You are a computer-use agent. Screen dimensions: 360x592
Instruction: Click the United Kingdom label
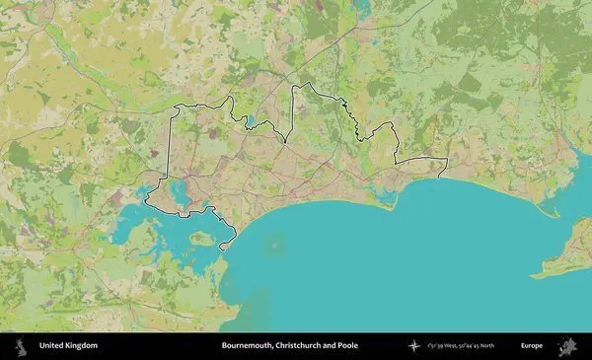pos(68,346)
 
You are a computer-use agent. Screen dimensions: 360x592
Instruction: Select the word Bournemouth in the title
pos(248,346)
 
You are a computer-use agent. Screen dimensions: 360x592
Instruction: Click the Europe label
pos(532,346)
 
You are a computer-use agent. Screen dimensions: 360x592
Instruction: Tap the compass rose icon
pos(414,346)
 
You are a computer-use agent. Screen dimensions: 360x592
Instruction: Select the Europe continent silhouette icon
pos(567,346)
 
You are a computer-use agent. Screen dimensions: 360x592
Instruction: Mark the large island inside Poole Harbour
pos(200,238)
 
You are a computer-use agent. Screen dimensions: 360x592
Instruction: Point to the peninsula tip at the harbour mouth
pos(225,247)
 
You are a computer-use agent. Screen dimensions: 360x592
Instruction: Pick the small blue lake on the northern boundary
pos(251,122)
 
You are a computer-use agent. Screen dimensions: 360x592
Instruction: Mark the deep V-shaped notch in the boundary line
pos(286,141)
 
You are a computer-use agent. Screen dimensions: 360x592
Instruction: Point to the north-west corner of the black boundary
pos(176,106)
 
